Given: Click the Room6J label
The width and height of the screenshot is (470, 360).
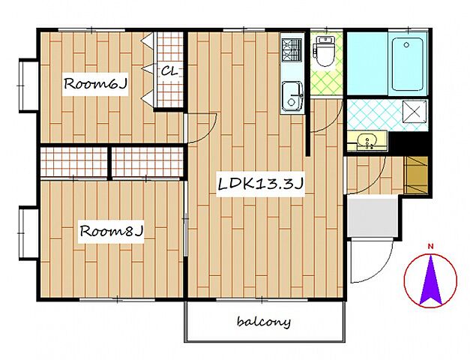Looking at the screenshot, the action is (x=95, y=84).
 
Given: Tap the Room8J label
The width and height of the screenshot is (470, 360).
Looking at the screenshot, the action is (x=111, y=231).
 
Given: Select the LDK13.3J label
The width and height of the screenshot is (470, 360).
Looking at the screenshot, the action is (x=260, y=184).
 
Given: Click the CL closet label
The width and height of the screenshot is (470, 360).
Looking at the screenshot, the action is (x=169, y=71).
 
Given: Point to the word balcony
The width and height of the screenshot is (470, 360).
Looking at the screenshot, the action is (x=264, y=322).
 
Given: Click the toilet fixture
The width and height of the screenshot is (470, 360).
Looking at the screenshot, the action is (x=323, y=51).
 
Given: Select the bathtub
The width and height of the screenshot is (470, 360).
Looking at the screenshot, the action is (x=407, y=64).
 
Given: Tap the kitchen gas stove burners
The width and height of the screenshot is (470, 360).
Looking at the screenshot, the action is (x=292, y=49).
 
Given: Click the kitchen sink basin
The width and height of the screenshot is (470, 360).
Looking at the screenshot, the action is (x=292, y=97).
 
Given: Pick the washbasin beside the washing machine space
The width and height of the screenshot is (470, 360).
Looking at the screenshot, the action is (x=367, y=141).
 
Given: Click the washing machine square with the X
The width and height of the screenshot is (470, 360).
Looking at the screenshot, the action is (x=415, y=112).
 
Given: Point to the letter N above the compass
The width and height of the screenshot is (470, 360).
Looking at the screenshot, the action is (x=431, y=247).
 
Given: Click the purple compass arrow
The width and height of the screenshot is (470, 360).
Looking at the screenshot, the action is (x=431, y=280).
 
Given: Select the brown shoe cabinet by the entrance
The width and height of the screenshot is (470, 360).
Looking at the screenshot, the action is (x=416, y=175).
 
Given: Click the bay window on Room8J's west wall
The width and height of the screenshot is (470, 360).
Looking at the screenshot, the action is (x=28, y=232).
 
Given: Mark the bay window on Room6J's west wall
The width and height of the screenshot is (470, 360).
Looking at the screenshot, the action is (x=28, y=85).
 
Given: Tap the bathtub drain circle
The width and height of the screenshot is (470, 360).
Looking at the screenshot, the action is (x=406, y=45).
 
